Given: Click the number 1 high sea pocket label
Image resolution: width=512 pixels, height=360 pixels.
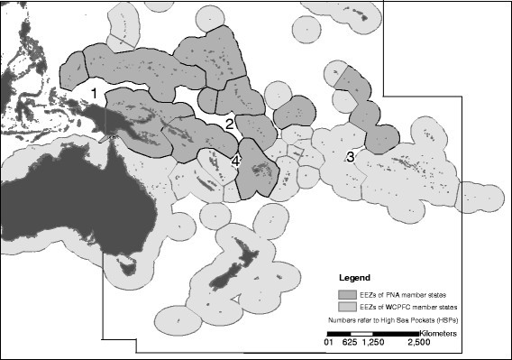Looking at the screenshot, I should pyautogui.click(x=95, y=93).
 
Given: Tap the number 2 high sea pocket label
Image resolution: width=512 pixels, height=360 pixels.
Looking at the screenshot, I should pyautogui.click(x=229, y=123).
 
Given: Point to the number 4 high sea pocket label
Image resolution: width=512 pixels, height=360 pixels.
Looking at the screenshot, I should pyautogui.click(x=235, y=162).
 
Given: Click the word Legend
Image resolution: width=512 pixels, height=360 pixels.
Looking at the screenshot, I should pyautogui.click(x=355, y=275).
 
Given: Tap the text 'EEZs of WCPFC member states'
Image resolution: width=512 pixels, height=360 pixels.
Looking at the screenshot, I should pyautogui.click(x=405, y=307).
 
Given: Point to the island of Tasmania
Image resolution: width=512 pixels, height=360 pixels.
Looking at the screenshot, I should pyautogui.click(x=127, y=269).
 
